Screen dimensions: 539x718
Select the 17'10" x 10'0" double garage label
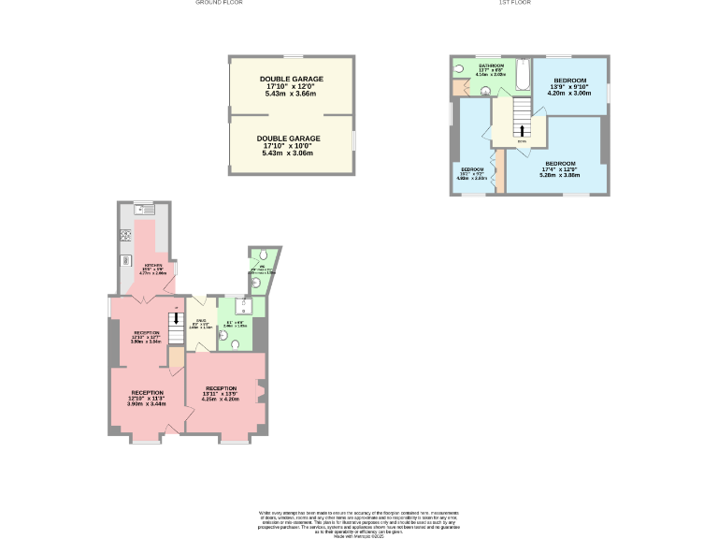(x=290, y=145)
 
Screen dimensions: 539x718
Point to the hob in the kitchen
(x=124, y=235)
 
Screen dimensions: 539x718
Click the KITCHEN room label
(x=154, y=269)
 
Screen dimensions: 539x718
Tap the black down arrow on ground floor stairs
(x=177, y=319)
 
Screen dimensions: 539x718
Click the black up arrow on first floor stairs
(x=522, y=130)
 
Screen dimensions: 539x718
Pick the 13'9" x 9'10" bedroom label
(x=569, y=86)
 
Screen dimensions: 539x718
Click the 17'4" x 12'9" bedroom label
(x=559, y=171)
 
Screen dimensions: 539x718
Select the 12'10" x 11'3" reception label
(x=148, y=398)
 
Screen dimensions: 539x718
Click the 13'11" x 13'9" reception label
(x=223, y=393)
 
